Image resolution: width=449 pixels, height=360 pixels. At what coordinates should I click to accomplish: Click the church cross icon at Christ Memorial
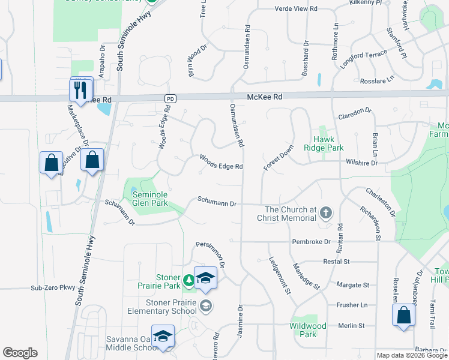coord(325,212)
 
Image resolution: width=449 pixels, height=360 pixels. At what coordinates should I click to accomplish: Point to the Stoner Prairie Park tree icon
coord(189,280)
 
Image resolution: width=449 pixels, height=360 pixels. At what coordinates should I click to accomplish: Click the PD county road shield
coord(171,97)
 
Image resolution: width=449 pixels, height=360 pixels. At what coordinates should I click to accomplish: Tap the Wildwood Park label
coord(307,330)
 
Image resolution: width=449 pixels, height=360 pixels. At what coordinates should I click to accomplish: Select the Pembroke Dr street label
coord(311,241)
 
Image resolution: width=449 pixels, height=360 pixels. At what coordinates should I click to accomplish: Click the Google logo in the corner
coord(20,353)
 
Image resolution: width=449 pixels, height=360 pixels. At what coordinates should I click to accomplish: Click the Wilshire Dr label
coord(361,162)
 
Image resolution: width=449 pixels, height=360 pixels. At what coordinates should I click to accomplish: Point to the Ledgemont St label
coord(280,275)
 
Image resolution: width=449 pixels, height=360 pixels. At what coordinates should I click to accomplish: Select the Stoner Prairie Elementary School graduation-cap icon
coord(206,307)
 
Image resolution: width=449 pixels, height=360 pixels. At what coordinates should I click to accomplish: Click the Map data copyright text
coord(411,355)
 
